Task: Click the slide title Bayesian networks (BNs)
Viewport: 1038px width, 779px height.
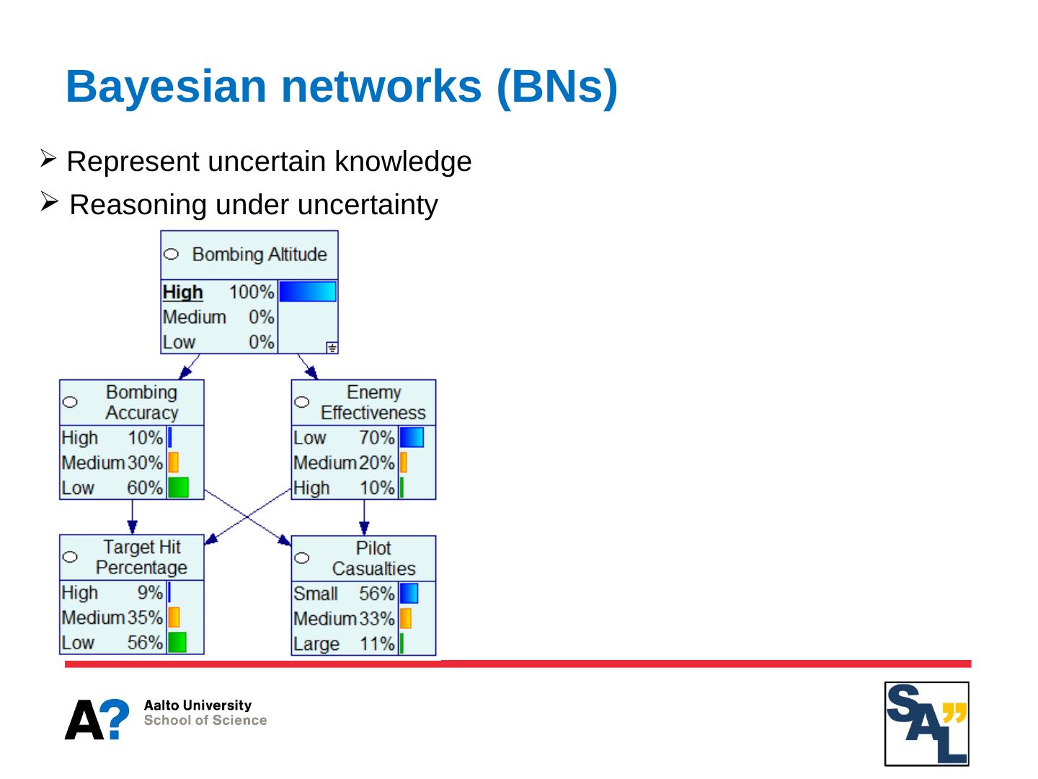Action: pyautogui.click(x=341, y=87)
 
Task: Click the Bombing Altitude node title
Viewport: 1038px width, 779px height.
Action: pyautogui.click(x=259, y=255)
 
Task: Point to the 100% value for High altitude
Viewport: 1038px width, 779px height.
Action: pyautogui.click(x=252, y=292)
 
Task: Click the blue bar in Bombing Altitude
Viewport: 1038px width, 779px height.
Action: pyautogui.click(x=307, y=291)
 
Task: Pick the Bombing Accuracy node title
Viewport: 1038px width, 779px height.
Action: pyautogui.click(x=141, y=402)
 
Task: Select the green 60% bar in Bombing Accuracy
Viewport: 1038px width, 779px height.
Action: pyautogui.click(x=178, y=488)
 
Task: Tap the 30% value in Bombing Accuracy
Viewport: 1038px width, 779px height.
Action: pyautogui.click(x=145, y=462)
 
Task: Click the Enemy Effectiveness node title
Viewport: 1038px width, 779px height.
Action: pyautogui.click(x=373, y=402)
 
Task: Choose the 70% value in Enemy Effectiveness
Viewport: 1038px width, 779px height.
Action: pyautogui.click(x=377, y=438)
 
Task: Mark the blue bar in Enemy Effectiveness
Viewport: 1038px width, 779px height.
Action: pyautogui.click(x=412, y=438)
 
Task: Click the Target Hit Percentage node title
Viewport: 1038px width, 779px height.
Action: pyautogui.click(x=141, y=558)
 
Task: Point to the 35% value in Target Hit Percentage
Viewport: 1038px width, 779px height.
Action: pyautogui.click(x=145, y=617)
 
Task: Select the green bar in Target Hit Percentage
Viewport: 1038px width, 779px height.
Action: pyautogui.click(x=177, y=642)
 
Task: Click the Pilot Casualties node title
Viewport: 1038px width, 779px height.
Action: pyautogui.click(x=373, y=558)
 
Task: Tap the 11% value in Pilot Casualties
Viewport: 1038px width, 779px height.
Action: pyautogui.click(x=377, y=643)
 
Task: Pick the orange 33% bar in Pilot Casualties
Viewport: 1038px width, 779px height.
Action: pyautogui.click(x=405, y=618)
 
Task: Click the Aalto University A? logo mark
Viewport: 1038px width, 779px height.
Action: pyautogui.click(x=97, y=719)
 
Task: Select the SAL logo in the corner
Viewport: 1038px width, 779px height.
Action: pyautogui.click(x=927, y=723)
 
